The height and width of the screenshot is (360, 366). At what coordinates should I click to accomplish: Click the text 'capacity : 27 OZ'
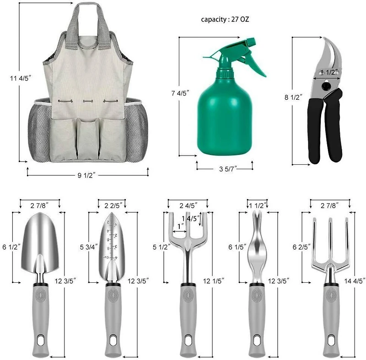225,20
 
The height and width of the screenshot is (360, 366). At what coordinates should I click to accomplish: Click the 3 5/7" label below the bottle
225,168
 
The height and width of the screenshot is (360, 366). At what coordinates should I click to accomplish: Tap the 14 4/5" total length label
356,281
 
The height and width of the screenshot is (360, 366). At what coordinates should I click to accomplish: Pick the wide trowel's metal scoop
40,240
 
